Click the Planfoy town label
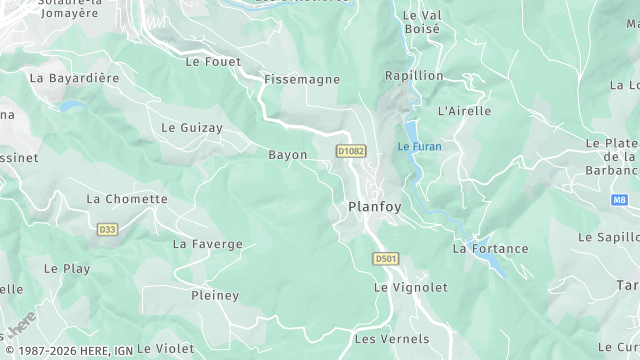375,207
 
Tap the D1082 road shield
350,151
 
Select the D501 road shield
386,259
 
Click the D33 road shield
107,230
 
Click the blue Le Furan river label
419,147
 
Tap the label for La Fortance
489,248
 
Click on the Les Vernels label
392,339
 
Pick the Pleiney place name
215,296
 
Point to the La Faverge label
208,244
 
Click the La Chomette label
127,199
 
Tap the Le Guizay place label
192,128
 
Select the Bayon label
288,155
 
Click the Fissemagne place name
302,79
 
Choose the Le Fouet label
214,61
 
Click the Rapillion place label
414,76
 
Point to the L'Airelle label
465,111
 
